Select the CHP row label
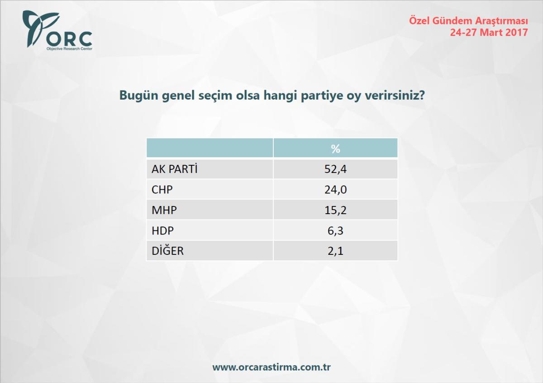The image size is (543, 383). coord(162,190)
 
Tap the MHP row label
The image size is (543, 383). coord(164,210)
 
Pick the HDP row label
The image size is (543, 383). coord(163,230)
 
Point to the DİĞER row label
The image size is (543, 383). coord(167,251)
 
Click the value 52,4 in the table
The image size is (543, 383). coord(335,169)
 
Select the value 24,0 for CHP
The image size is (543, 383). coord(335,190)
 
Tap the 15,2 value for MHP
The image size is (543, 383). coord(335,210)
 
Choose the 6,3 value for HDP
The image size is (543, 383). coord(335,230)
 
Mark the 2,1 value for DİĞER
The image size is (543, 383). coord(335,251)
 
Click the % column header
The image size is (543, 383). coord(335,148)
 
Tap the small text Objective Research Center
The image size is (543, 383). coord(69,48)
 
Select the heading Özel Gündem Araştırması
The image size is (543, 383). coord(468,21)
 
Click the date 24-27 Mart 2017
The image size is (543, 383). coord(489,33)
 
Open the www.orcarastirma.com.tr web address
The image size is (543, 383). coord(271,367)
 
